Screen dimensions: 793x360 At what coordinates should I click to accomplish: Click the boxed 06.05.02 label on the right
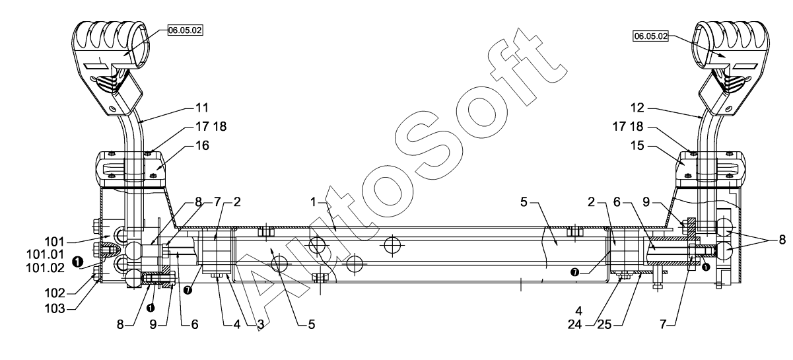point(650,36)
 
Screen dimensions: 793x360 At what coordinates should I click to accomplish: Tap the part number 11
point(202,106)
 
